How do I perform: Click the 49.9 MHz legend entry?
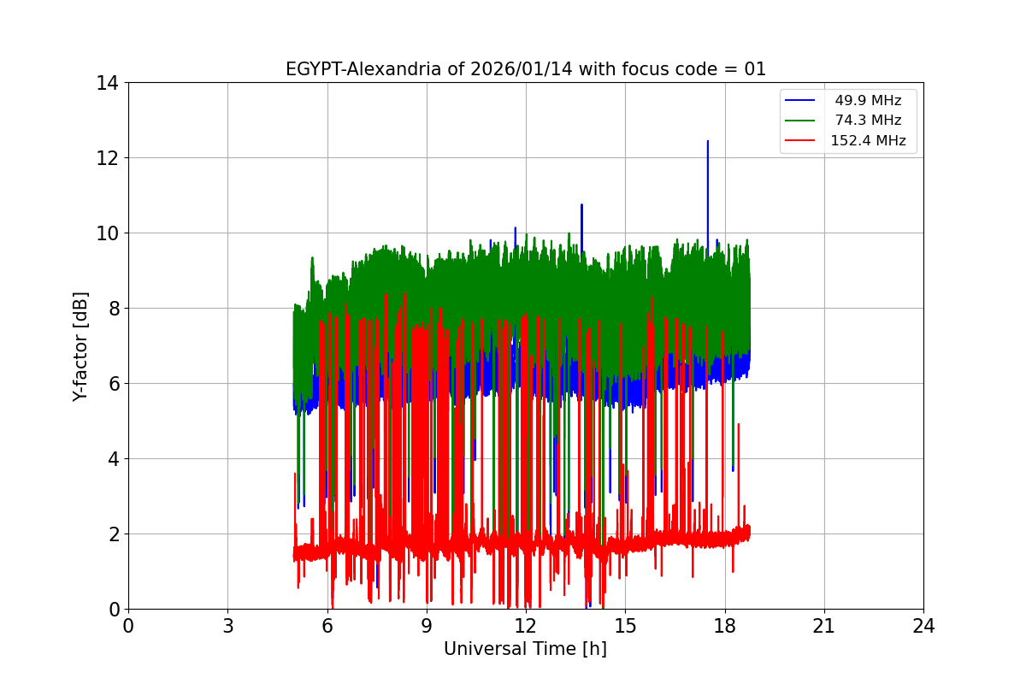868,101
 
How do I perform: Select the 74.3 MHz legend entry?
868,121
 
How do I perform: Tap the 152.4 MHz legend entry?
868,141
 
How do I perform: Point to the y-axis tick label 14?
108,83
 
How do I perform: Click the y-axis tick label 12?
108,158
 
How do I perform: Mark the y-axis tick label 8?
113,309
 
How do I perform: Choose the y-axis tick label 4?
113,459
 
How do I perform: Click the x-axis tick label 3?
227,626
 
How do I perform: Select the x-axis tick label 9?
427,626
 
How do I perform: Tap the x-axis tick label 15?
625,626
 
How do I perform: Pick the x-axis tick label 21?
824,626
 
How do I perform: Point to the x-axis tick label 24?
923,626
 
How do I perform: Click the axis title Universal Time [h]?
525,649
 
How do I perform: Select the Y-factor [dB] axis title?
81,346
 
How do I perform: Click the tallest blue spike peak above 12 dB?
708,142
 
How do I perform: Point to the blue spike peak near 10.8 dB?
581,205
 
